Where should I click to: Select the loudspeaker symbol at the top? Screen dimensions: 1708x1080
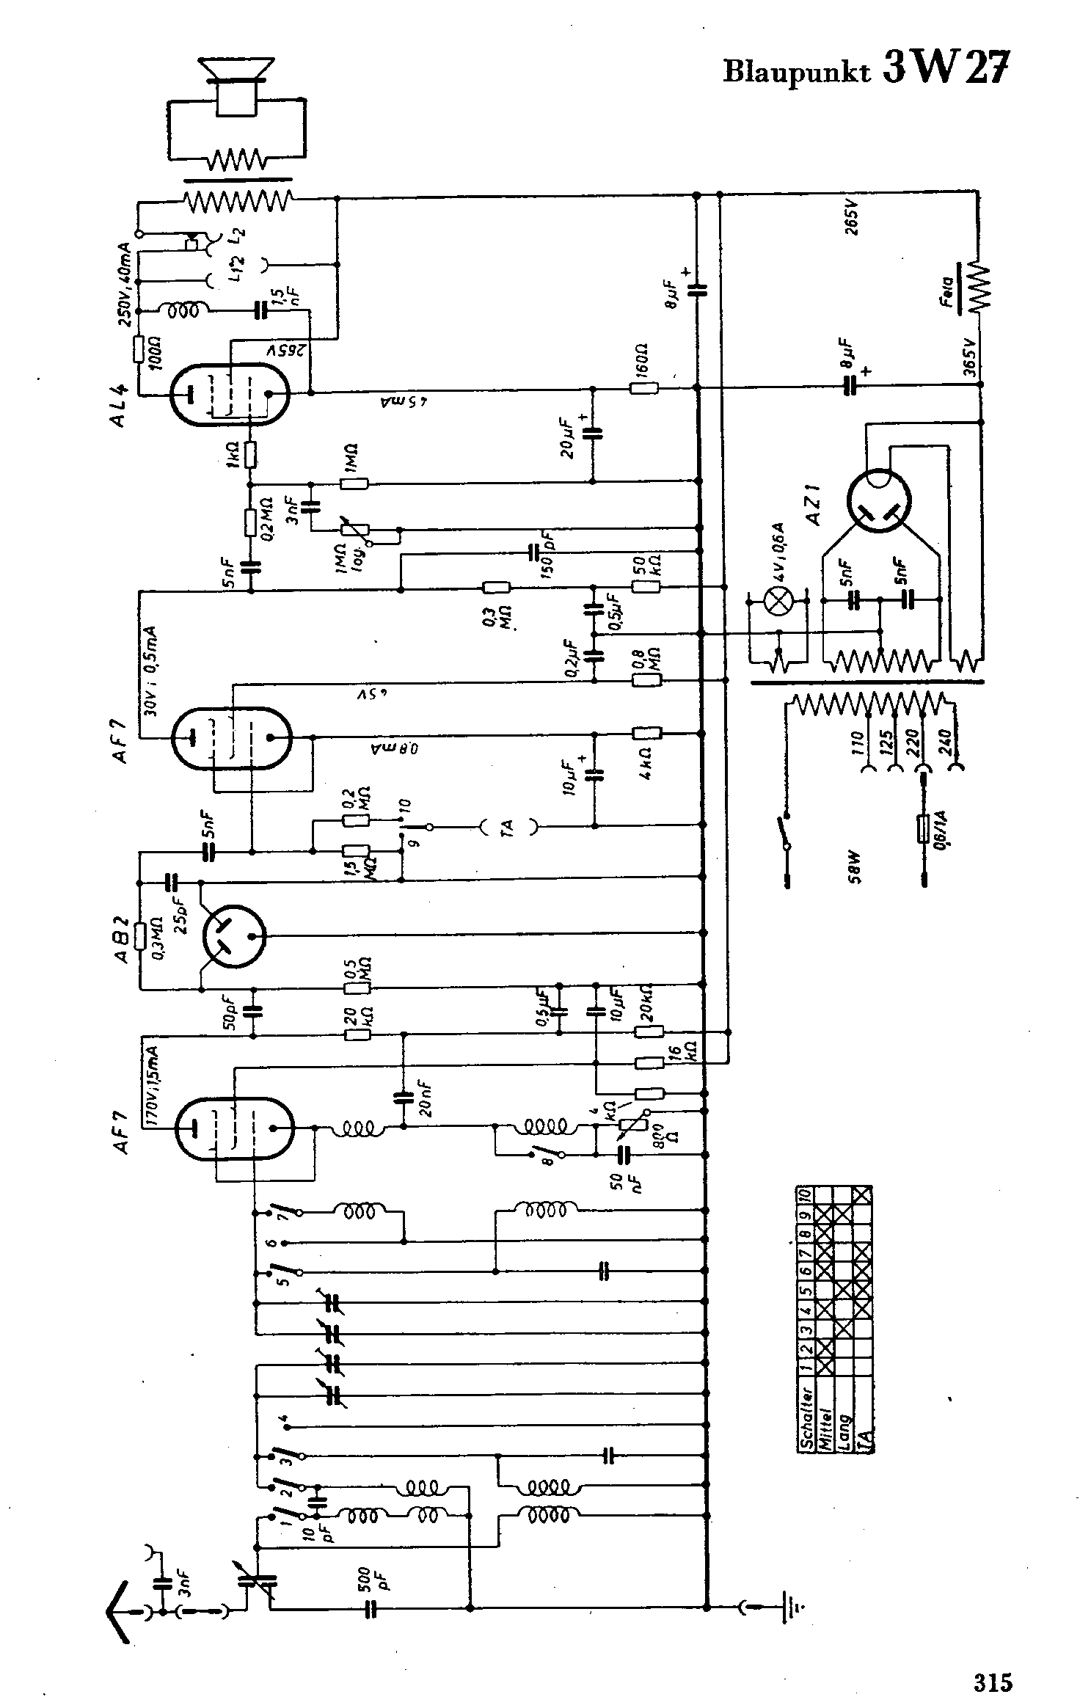click(237, 87)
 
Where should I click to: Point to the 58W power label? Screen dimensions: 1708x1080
click(853, 867)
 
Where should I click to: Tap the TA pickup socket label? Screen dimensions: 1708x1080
click(508, 828)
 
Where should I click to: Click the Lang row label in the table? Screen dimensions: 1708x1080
click(844, 1427)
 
